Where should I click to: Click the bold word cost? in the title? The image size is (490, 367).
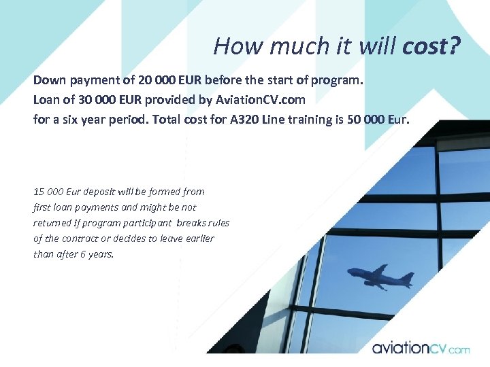pyautogui.click(x=431, y=46)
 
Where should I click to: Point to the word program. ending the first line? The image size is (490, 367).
pyautogui.click(x=338, y=80)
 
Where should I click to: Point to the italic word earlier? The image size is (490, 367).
pyautogui.click(x=197, y=239)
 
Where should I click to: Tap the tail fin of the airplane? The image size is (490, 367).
pyautogui.click(x=406, y=279)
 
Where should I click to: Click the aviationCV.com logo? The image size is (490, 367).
pyautogui.click(x=420, y=348)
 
